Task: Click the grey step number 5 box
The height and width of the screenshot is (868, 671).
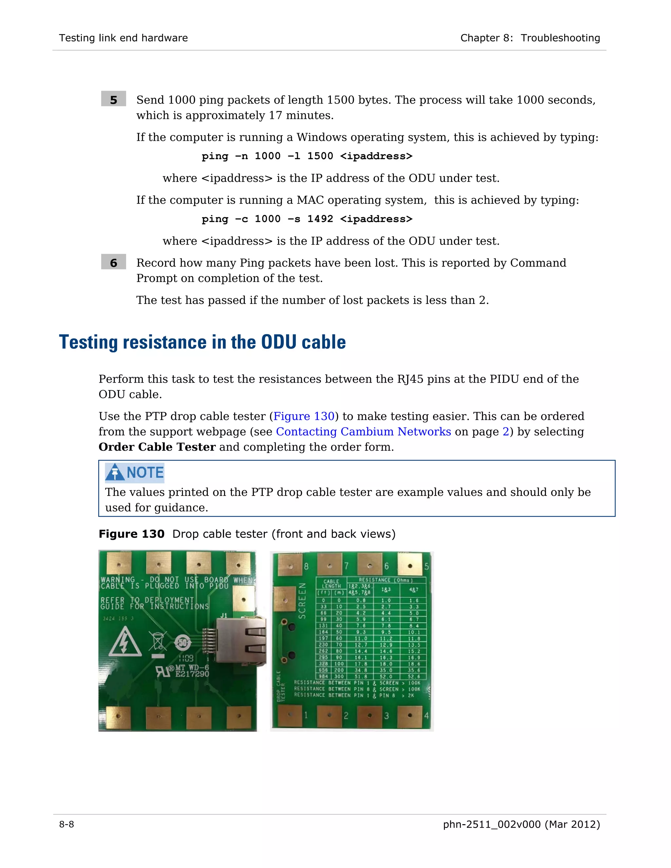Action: coord(113,99)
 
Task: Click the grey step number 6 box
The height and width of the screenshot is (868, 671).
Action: coord(113,262)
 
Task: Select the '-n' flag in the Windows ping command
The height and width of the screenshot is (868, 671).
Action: coord(241,156)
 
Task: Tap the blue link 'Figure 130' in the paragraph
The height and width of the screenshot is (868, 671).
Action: coord(304,416)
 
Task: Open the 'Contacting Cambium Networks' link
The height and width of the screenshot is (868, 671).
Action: coord(363,432)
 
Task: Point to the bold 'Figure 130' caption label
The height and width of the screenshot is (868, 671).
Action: coord(132,534)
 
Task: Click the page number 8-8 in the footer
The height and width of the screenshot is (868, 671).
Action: coord(67,824)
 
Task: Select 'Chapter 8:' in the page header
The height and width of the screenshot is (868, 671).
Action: coord(487,38)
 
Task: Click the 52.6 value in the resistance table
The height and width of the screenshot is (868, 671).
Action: coord(414,676)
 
